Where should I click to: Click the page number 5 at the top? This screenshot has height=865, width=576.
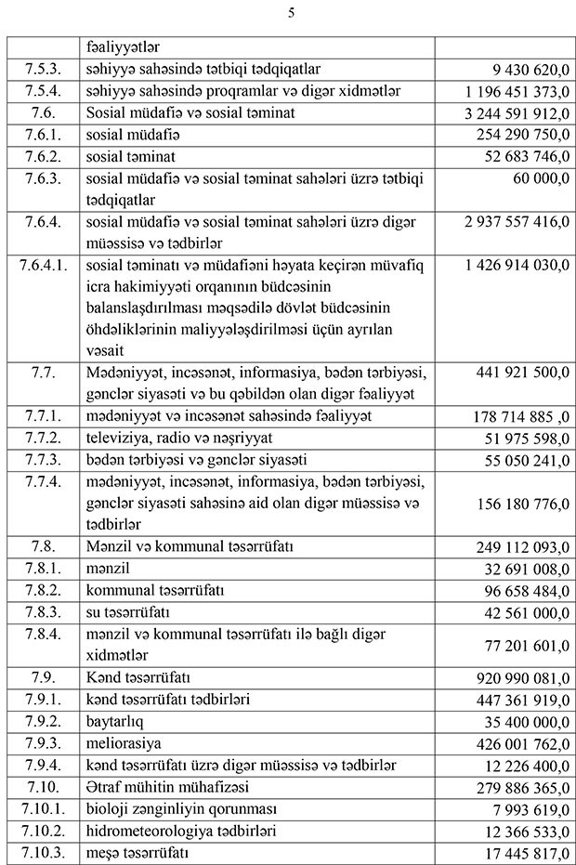pos(291,13)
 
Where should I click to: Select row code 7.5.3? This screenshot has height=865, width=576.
pos(44,69)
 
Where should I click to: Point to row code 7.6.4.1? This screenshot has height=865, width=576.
pos(44,265)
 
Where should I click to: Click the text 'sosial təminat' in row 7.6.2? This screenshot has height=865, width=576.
pos(130,157)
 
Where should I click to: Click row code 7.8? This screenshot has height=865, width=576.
pos(44,546)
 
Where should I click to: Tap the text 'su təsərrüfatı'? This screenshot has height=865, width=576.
pos(127,613)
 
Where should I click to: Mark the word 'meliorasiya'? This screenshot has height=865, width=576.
pos(123,742)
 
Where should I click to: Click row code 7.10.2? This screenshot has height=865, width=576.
pos(44,831)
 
